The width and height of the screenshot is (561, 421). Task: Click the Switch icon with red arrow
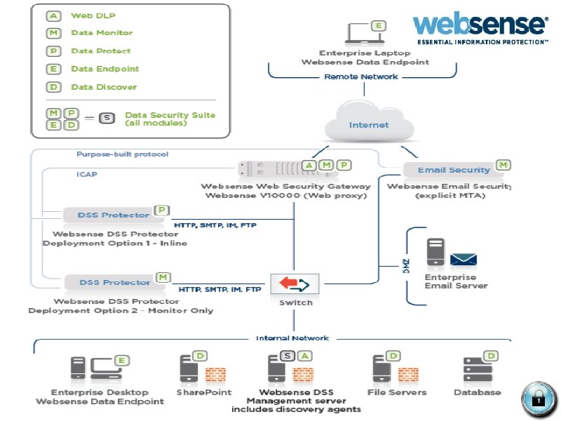click(x=295, y=283)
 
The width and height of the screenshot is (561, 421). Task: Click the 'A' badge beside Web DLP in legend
click(x=54, y=15)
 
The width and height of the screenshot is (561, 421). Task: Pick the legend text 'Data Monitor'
click(x=102, y=33)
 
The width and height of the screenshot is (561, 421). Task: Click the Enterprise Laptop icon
click(x=360, y=34)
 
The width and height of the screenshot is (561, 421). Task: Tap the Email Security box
click(x=453, y=170)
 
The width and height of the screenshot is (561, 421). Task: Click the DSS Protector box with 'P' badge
click(x=105, y=215)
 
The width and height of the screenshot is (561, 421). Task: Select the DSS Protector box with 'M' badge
click(x=105, y=282)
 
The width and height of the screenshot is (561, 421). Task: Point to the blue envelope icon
click(x=464, y=261)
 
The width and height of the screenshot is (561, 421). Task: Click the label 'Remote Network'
click(x=360, y=76)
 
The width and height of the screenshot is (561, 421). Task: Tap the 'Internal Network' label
click(x=292, y=338)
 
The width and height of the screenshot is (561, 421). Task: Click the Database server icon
click(x=471, y=370)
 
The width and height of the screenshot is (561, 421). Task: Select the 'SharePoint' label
click(x=203, y=392)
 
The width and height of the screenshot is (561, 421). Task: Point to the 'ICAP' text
click(x=86, y=175)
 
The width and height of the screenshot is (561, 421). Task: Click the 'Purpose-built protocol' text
click(x=122, y=154)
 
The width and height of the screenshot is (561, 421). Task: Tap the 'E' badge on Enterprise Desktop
click(x=122, y=361)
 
